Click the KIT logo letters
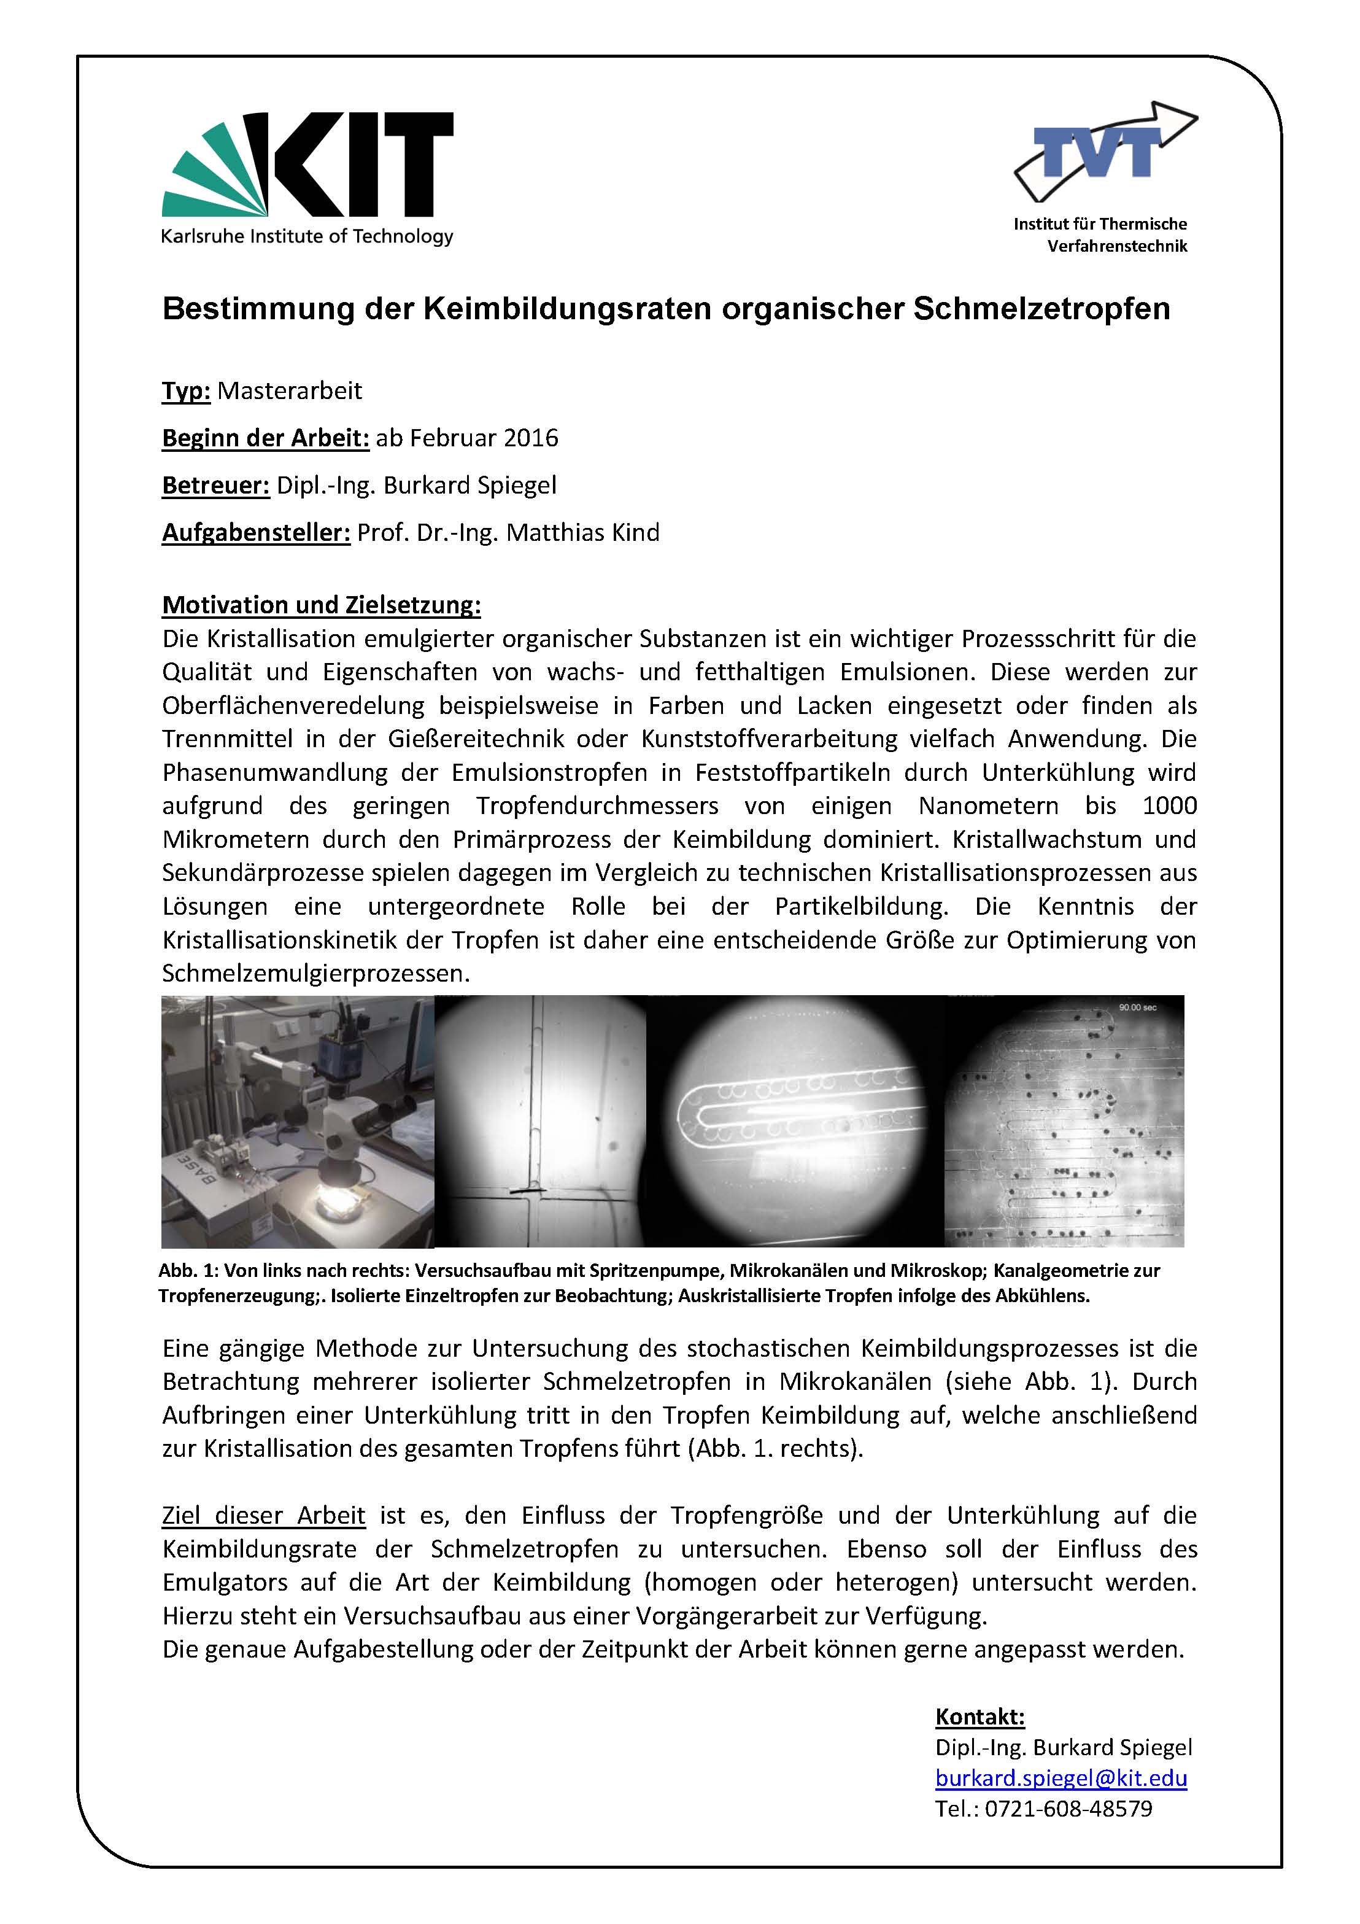[x=360, y=166]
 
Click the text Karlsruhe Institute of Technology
[x=307, y=236]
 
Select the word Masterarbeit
[x=289, y=390]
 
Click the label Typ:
[x=185, y=390]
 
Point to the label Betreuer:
[x=215, y=485]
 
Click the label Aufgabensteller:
[x=255, y=532]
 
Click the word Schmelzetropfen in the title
[x=1041, y=308]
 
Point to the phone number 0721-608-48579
[x=1068, y=1809]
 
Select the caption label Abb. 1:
[x=185, y=1270]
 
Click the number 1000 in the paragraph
[x=1169, y=805]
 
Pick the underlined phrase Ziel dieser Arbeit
[x=263, y=1515]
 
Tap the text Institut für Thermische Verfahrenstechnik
[x=1100, y=235]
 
